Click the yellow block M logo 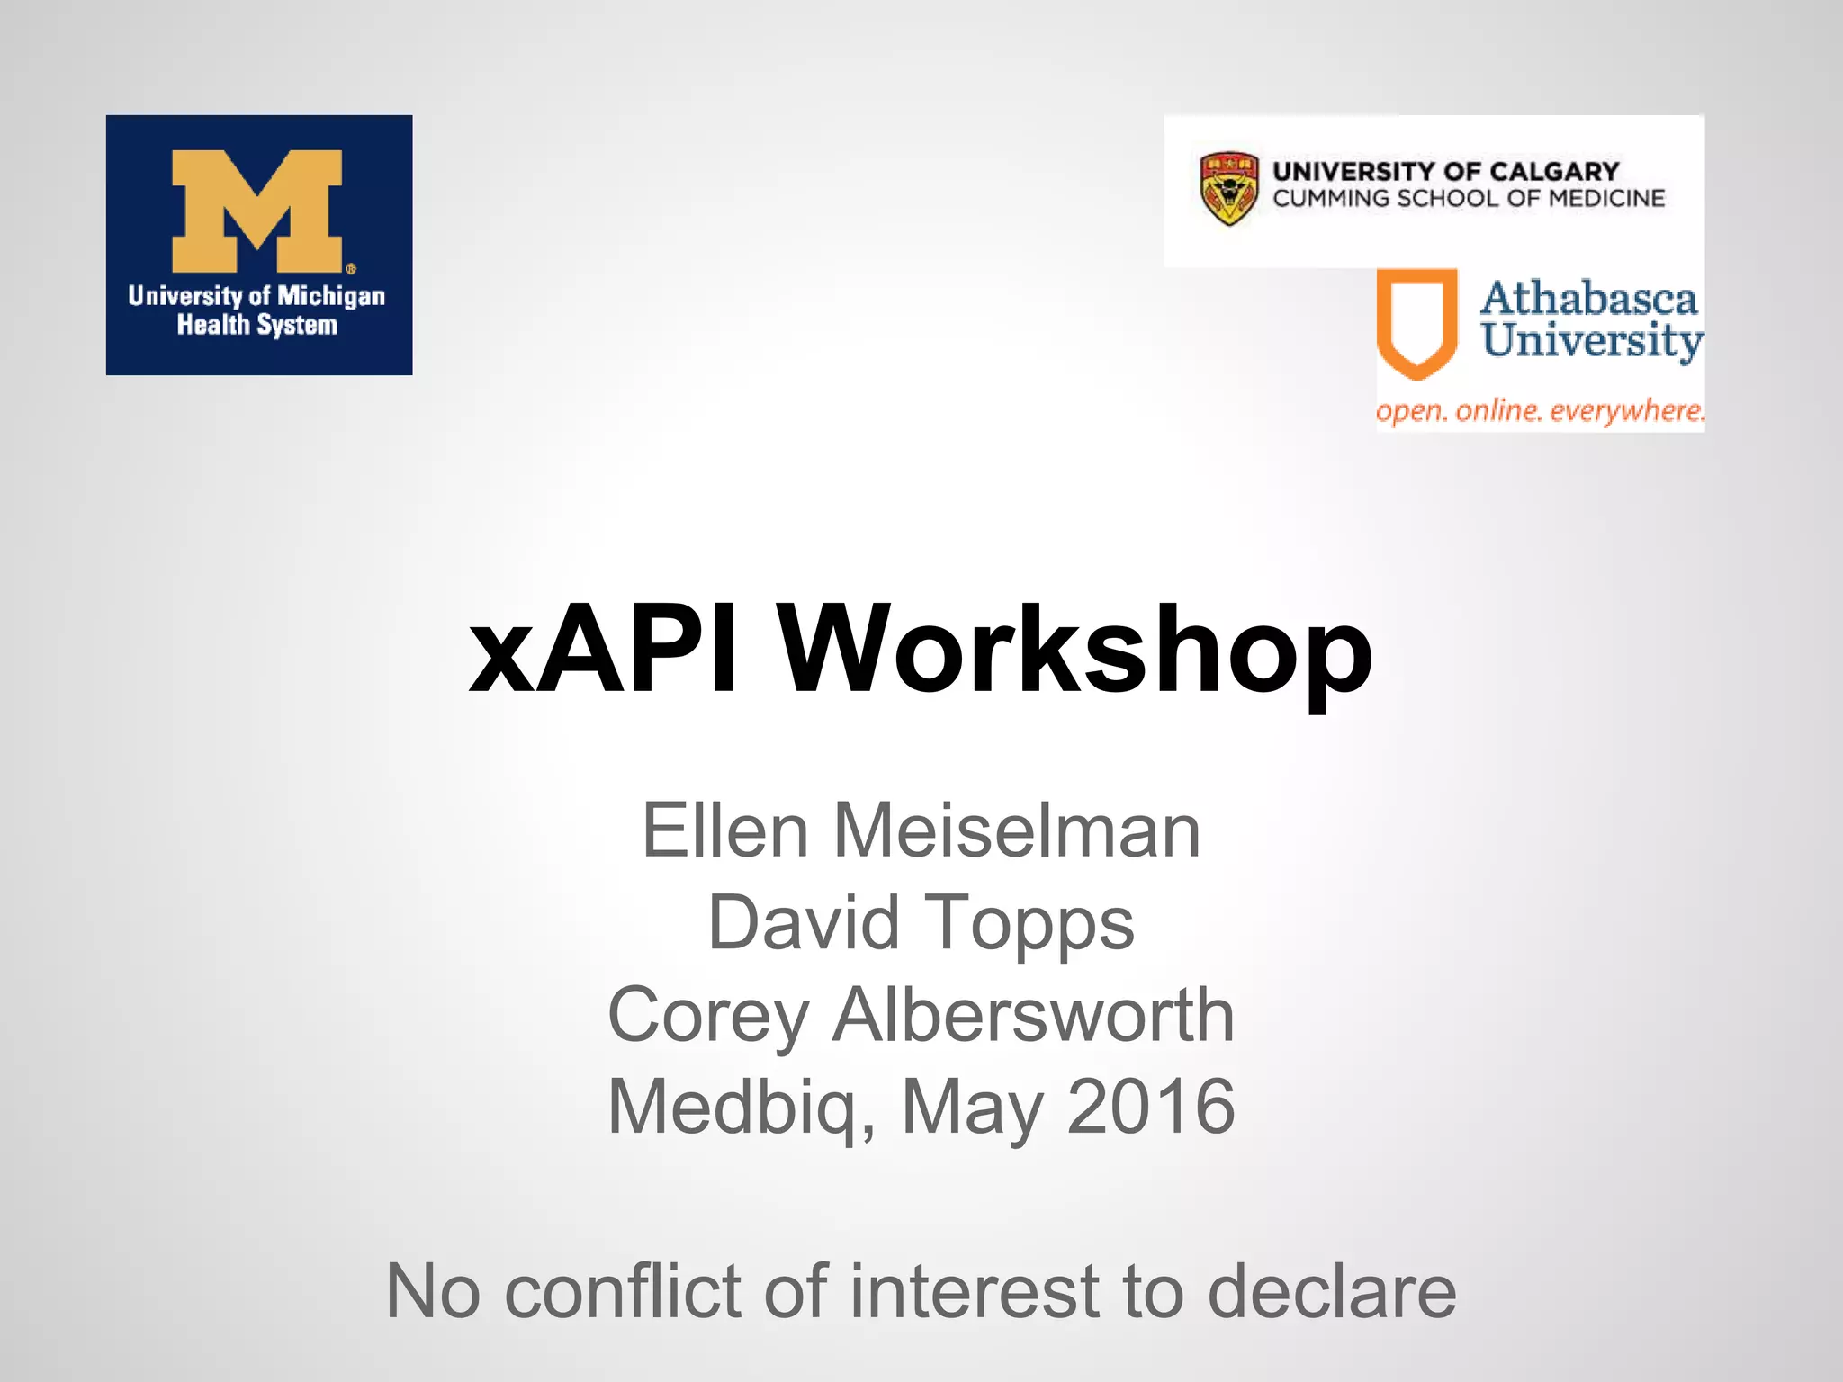257,211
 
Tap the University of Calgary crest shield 1229,188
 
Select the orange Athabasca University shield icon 1416,322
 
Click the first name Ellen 724,831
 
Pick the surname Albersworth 1033,1015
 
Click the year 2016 1151,1107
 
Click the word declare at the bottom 1331,1291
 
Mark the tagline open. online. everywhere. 1540,411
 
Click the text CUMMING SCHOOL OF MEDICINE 1468,199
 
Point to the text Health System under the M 257,325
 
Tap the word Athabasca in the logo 1588,299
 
